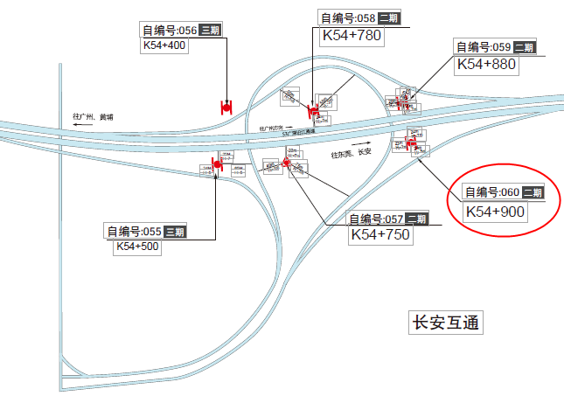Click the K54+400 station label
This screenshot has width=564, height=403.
point(165,45)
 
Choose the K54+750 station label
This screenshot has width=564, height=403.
point(380,234)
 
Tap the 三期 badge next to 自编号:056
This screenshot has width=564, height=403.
point(209,30)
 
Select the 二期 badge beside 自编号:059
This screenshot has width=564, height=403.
point(524,47)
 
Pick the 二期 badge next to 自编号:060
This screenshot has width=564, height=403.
point(533,192)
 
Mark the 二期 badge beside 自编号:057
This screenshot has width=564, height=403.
point(417,219)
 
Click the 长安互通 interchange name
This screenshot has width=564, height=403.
point(446,322)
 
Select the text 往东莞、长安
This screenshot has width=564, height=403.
point(351,154)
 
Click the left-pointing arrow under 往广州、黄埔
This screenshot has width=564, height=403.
point(84,126)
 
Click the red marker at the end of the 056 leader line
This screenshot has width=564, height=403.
point(226,107)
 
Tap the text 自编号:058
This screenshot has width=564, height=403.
point(348,17)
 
